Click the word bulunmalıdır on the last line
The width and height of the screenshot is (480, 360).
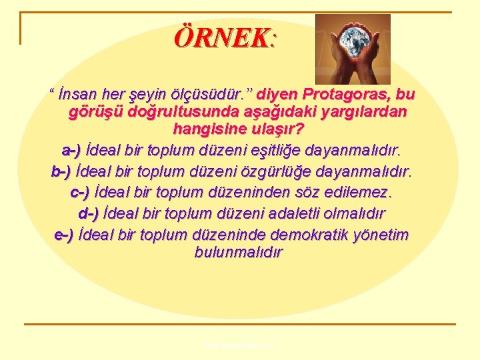pos(238,253)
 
